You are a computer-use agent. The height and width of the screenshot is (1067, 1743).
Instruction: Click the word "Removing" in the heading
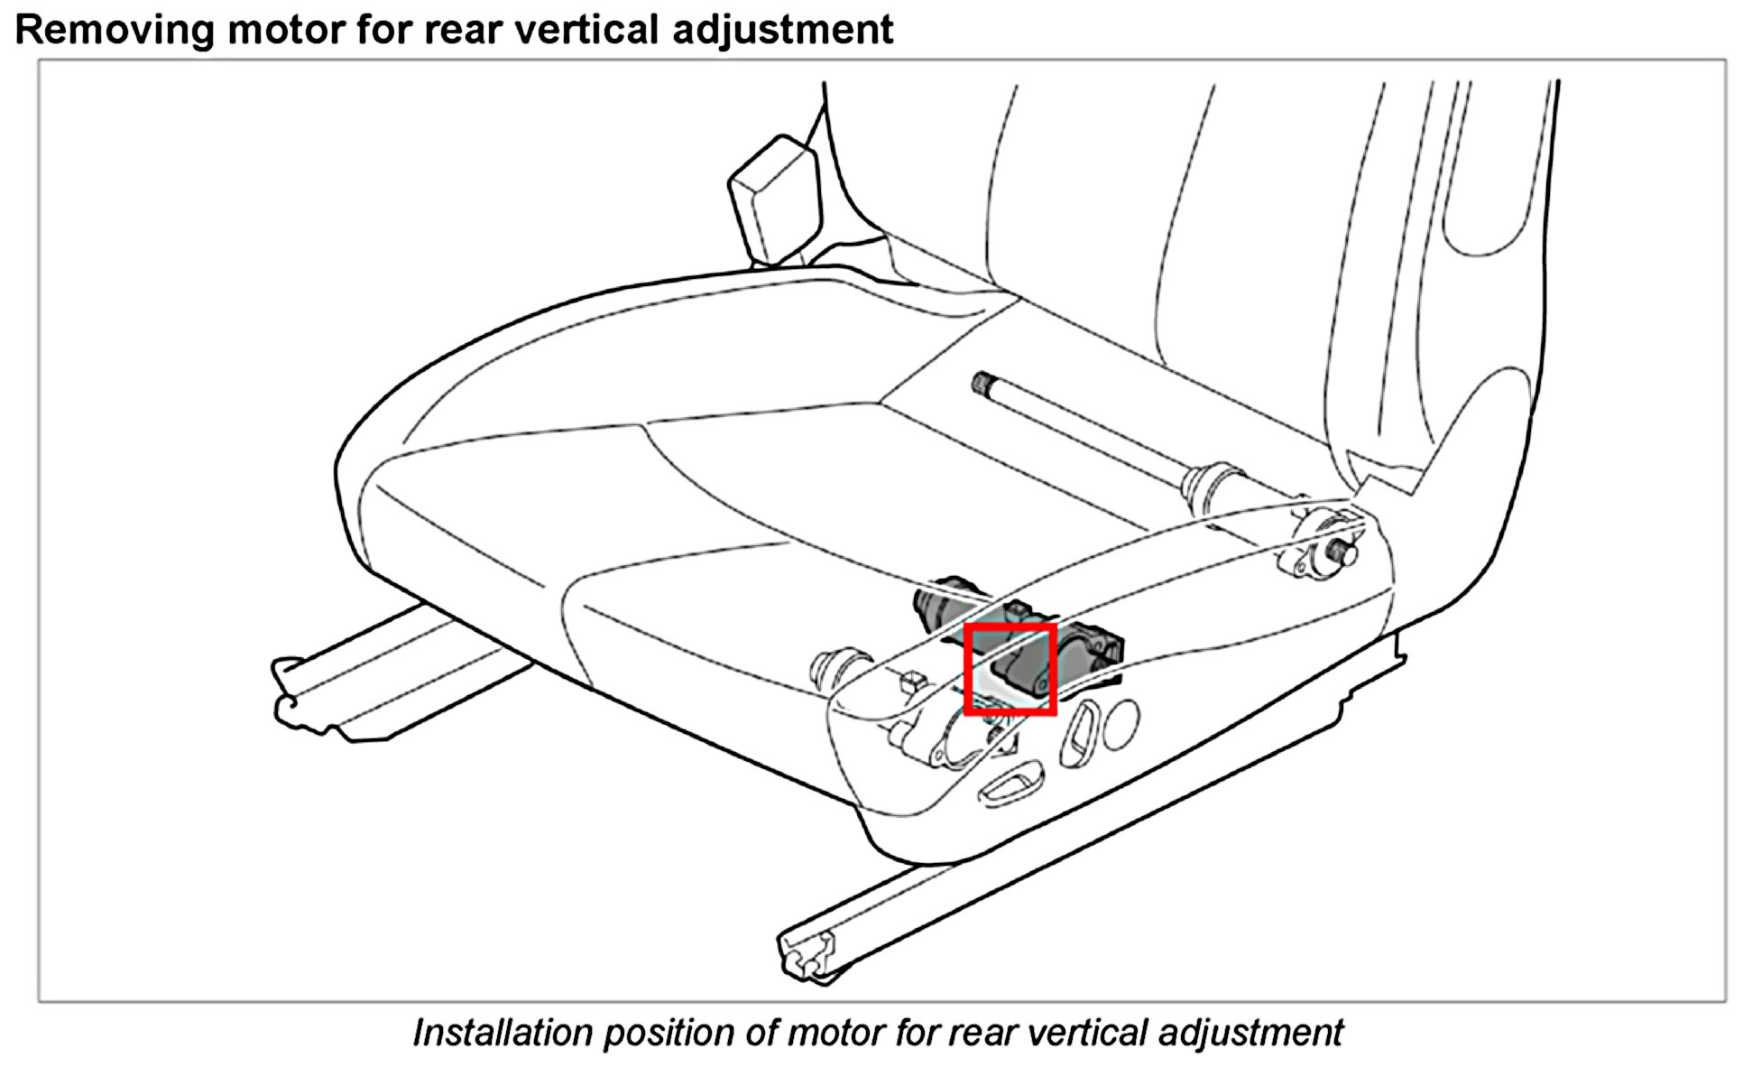pyautogui.click(x=114, y=29)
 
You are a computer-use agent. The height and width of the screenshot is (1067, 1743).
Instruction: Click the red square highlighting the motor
pyautogui.click(x=1010, y=669)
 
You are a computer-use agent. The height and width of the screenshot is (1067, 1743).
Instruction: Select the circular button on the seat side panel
pyautogui.click(x=1120, y=723)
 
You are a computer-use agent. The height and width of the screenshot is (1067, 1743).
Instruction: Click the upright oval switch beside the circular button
pyautogui.click(x=1079, y=734)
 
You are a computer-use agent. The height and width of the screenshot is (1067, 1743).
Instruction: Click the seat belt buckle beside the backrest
pyautogui.click(x=777, y=200)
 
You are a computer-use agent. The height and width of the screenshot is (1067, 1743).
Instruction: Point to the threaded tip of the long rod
pyautogui.click(x=983, y=383)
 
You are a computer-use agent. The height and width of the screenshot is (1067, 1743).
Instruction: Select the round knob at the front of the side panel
pyautogui.click(x=836, y=665)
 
